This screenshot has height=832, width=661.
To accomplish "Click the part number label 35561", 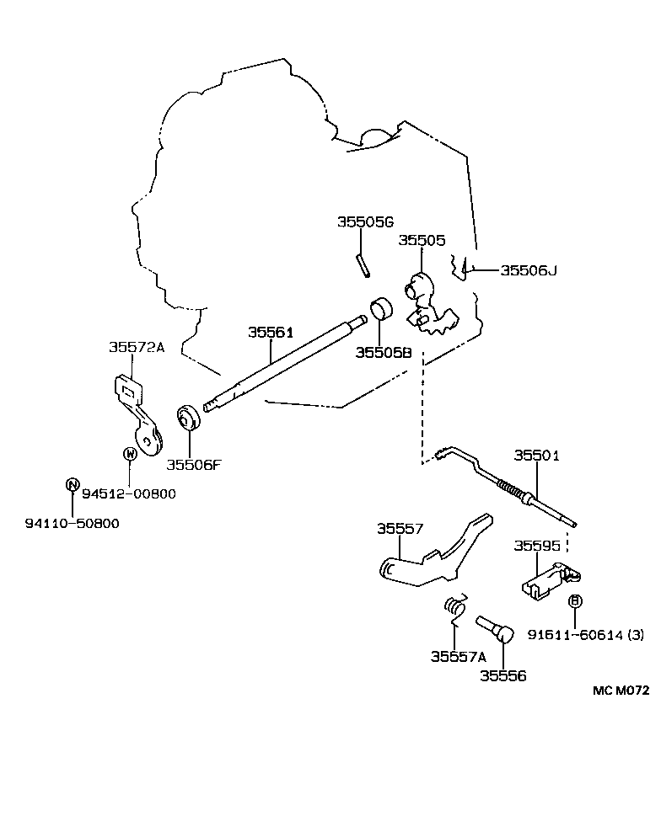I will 270,333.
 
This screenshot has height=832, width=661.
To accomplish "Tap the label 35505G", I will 365,222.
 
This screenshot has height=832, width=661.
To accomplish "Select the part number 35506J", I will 529,270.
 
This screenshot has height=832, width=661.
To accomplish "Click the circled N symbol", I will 73,484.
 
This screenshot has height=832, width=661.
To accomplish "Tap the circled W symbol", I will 130,454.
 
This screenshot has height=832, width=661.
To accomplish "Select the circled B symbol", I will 576,600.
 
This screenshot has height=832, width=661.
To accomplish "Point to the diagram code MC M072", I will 621,690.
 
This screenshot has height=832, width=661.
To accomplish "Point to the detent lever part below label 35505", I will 427,305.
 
